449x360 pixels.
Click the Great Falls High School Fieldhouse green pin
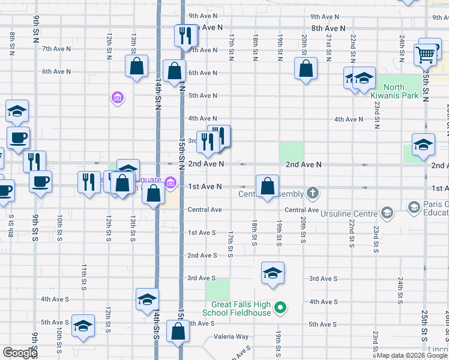pos(279,308)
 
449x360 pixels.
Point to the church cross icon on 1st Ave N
pos(312,193)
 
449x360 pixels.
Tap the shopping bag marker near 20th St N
pos(306,68)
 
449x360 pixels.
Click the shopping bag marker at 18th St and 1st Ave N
pos(267,185)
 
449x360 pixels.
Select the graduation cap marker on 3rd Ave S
pos(273,273)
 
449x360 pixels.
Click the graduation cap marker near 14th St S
pos(146,299)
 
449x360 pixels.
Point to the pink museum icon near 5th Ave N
pos(117,97)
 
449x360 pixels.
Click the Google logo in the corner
pos(20,353)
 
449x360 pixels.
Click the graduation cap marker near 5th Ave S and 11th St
pos(83,325)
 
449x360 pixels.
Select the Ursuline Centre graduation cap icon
pos(387,213)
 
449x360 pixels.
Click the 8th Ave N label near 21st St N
pos(328,28)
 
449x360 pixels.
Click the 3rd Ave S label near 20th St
pos(323,278)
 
